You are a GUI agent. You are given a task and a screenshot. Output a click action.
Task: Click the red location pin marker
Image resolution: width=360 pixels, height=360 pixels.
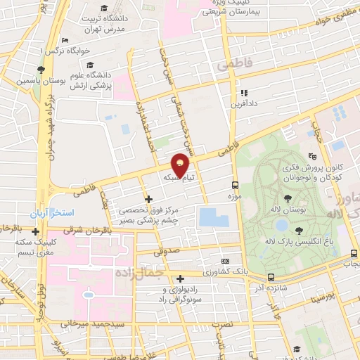[181, 165]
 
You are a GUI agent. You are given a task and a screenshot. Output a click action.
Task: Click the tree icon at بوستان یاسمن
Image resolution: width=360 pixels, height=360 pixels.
[41, 70]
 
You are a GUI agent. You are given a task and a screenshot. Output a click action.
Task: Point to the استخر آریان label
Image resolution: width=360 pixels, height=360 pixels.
[46, 212]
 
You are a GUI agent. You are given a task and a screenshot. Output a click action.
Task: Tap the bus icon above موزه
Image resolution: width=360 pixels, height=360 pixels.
[235, 185]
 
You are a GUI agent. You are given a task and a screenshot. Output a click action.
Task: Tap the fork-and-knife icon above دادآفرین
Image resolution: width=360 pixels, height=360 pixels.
[244, 92]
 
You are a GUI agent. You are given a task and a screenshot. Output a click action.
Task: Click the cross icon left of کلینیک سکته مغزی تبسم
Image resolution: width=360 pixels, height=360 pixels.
[35, 231]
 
